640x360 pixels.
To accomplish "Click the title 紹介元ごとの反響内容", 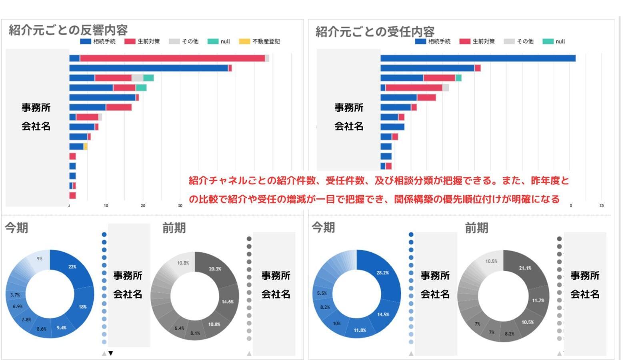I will point(68,30).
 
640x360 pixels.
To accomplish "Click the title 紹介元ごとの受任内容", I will point(375,32).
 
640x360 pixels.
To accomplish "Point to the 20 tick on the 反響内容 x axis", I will point(143,206).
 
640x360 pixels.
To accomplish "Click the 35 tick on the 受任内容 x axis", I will point(601,206).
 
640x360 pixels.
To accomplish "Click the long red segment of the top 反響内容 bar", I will point(172,58).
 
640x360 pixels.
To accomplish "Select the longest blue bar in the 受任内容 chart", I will point(478,58).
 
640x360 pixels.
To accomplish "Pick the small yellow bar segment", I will point(86,147).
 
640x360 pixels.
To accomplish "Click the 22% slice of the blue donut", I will point(74,266).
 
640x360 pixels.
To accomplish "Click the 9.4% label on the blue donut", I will point(61,328).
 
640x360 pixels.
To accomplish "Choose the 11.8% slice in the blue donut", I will point(360,330).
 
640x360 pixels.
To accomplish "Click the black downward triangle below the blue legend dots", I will point(111,353).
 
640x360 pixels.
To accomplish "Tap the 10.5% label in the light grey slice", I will point(491,261).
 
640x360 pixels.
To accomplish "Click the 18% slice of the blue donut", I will point(83,307).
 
